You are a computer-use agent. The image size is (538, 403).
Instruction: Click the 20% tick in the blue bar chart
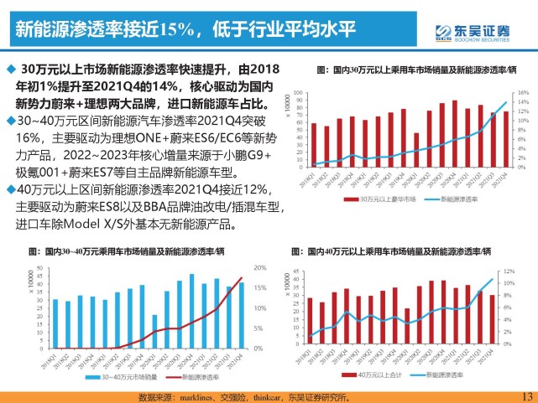coord(259,268)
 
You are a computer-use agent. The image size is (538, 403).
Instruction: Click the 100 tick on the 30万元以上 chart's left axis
coord(300,92)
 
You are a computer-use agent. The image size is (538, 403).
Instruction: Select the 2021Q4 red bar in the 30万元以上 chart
coord(505,139)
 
